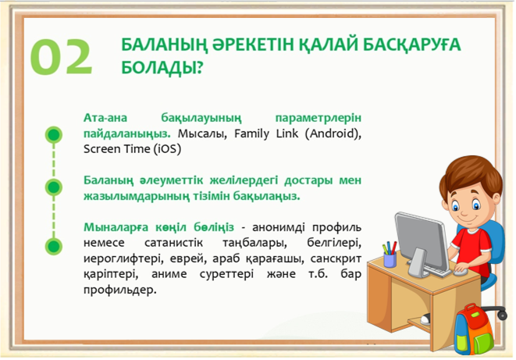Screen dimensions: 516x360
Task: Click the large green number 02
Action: [61, 56]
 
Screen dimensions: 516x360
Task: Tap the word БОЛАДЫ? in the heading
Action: [162, 68]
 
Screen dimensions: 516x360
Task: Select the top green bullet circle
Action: [54, 134]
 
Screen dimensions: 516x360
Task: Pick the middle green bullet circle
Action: [54, 187]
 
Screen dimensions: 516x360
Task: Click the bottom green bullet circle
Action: [54, 247]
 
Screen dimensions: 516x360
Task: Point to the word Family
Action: [251, 134]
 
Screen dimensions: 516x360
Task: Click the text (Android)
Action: [333, 134]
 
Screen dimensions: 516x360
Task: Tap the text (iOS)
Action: [167, 149]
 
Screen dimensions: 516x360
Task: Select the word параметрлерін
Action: [318, 118]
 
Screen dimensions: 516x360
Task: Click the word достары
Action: [308, 180]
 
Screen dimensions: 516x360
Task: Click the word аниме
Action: [169, 274]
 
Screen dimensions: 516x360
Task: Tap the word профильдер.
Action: [119, 290]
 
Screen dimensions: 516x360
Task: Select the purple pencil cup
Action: [390, 259]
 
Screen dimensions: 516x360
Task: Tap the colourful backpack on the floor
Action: [474, 330]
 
